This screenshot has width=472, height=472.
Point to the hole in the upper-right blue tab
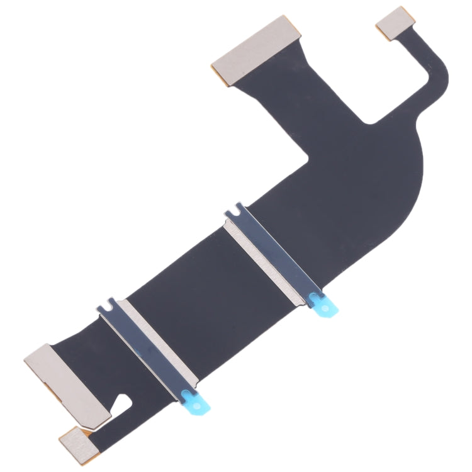point(325,308)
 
